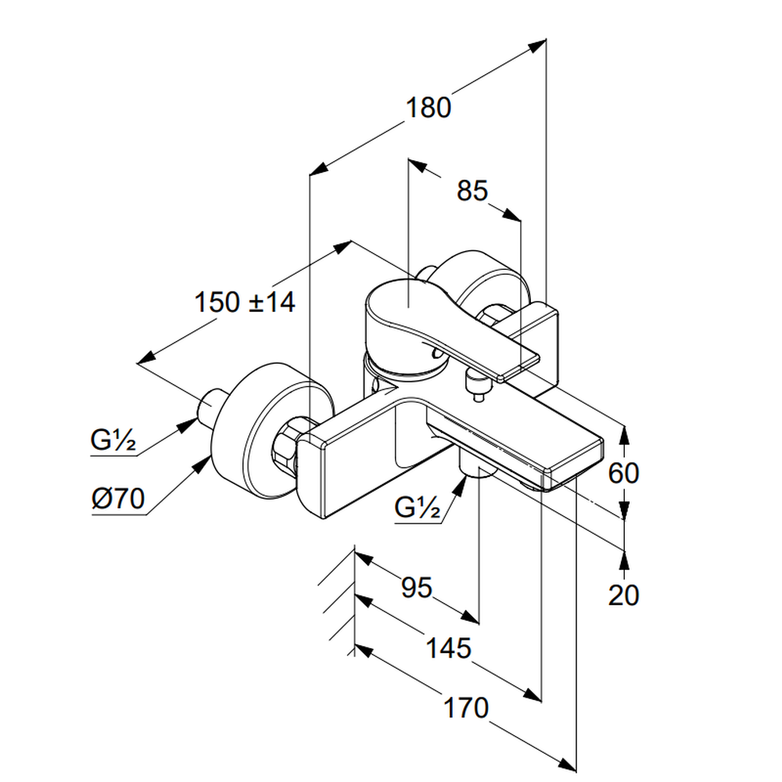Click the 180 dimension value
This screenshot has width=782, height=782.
tap(428, 107)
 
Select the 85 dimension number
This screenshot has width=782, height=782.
tap(472, 191)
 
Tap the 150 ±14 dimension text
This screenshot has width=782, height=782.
tap(245, 302)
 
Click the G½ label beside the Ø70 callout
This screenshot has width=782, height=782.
tap(113, 443)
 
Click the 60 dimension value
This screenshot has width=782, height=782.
tap(623, 473)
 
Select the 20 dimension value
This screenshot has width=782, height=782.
tap(623, 595)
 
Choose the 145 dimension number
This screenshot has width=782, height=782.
tap(448, 647)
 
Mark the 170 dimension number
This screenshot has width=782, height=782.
tap(466, 708)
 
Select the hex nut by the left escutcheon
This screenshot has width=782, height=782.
tap(290, 446)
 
